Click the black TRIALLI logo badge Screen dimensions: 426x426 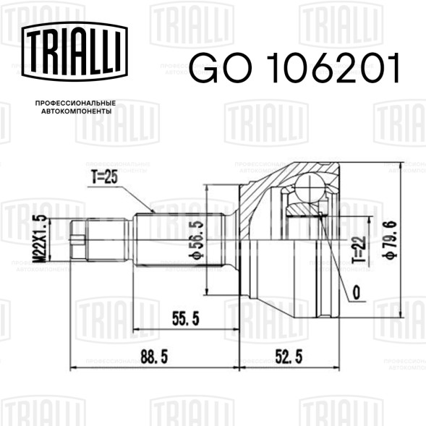[x=74, y=51]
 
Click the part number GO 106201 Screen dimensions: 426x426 [x=294, y=68]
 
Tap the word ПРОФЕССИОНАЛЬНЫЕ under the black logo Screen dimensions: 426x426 [x=75, y=103]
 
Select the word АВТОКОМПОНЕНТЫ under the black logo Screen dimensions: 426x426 [x=77, y=111]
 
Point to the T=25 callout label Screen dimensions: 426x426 [x=104, y=177]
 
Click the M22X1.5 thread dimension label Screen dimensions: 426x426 [x=42, y=239]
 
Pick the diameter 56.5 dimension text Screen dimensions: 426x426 [x=198, y=239]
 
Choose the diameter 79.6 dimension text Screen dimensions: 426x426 [x=389, y=239]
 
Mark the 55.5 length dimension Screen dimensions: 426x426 [x=186, y=318]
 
